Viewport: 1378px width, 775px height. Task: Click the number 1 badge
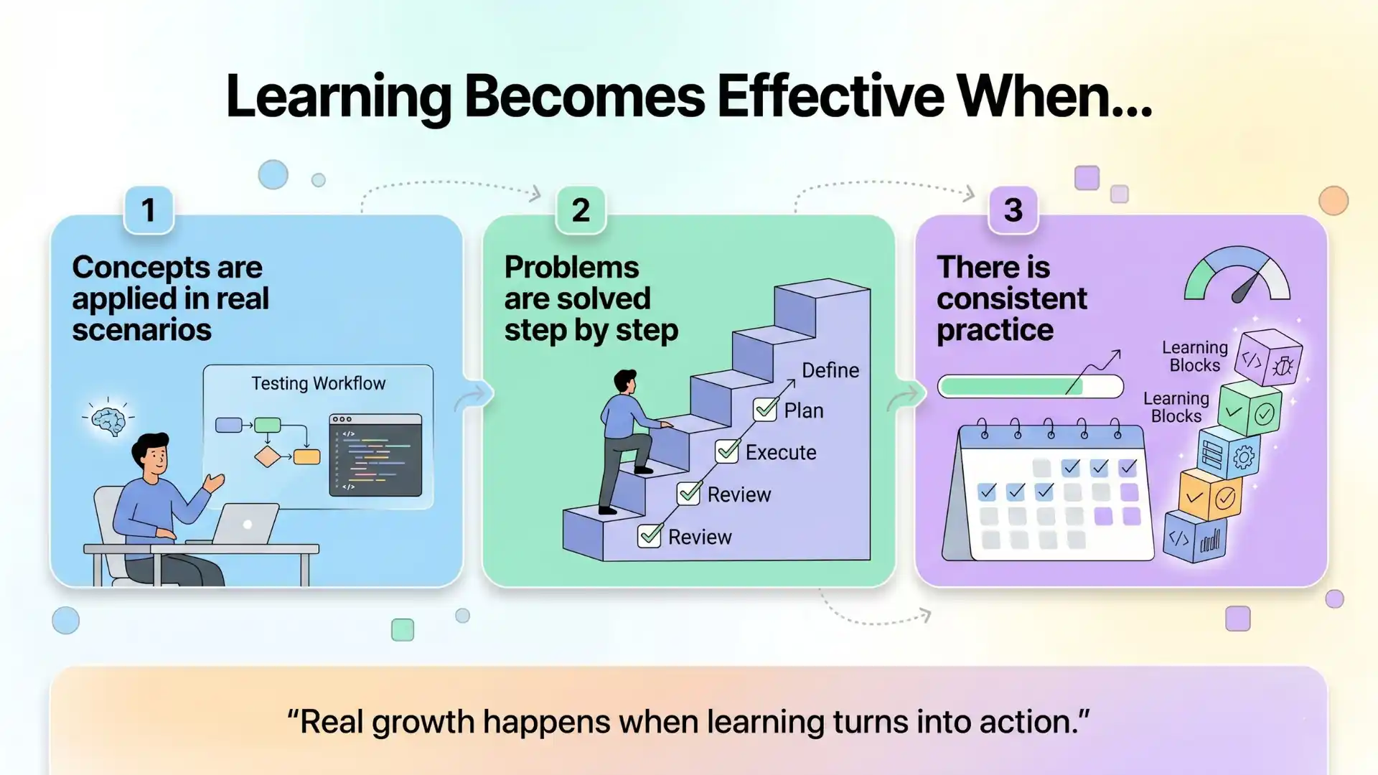149,210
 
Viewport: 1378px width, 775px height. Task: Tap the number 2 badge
581,210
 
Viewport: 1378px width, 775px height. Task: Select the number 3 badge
1013,210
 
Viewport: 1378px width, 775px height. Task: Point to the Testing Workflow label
318,383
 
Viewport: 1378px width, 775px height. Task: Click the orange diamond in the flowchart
267,456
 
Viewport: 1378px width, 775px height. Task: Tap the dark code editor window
375,455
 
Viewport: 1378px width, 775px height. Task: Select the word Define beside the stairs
830,370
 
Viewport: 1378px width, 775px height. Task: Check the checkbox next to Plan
765,410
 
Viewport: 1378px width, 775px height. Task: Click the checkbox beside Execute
727,451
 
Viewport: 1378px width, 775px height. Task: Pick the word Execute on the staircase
781,452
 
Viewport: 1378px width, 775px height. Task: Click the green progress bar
1030,387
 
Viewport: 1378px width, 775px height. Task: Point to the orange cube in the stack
1210,495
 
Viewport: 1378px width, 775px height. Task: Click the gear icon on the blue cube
1244,456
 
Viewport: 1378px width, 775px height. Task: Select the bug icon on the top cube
1283,367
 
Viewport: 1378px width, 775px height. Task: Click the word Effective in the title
830,96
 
